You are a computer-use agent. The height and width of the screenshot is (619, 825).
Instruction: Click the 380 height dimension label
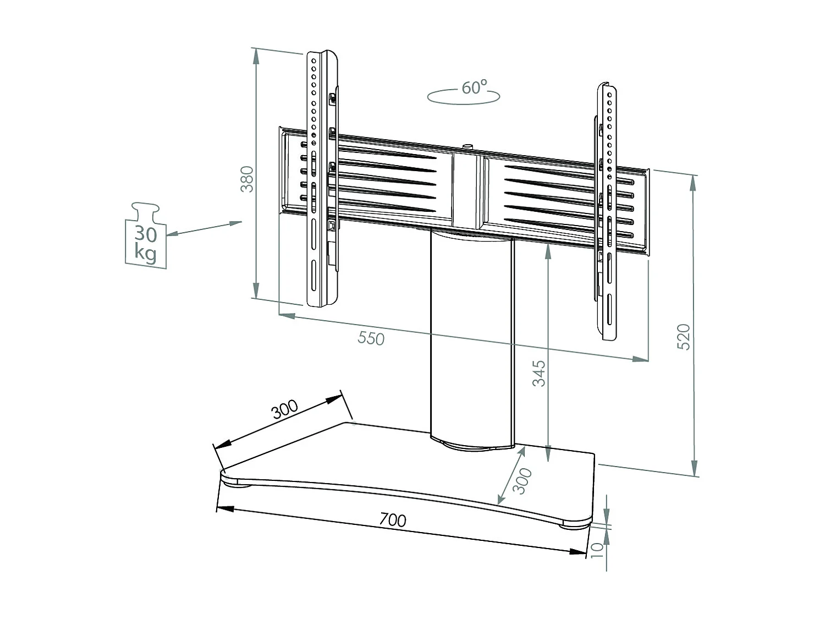[x=248, y=179]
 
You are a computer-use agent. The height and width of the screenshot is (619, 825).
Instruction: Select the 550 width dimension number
[x=371, y=338]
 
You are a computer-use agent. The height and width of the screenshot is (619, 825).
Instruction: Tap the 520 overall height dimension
[x=683, y=337]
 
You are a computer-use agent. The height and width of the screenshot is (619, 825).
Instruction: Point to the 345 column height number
[x=540, y=374]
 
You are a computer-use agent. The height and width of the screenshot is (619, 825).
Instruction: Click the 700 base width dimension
[x=393, y=519]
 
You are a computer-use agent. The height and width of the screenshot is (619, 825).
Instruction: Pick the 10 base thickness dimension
[x=597, y=549]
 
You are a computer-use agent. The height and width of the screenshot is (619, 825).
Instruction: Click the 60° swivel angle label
[x=474, y=87]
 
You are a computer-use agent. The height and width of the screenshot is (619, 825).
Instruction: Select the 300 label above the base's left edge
[x=285, y=409]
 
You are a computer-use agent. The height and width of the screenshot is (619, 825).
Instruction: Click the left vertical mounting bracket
[x=322, y=179]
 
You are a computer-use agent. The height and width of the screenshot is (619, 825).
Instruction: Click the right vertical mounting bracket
[x=609, y=212]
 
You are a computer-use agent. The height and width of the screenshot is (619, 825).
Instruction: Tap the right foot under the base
[x=575, y=525]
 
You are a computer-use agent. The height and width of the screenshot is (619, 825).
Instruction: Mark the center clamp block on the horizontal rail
[x=468, y=190]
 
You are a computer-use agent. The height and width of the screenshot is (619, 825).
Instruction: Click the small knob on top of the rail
[x=468, y=146]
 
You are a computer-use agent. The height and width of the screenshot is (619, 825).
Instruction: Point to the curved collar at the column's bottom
[x=472, y=444]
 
